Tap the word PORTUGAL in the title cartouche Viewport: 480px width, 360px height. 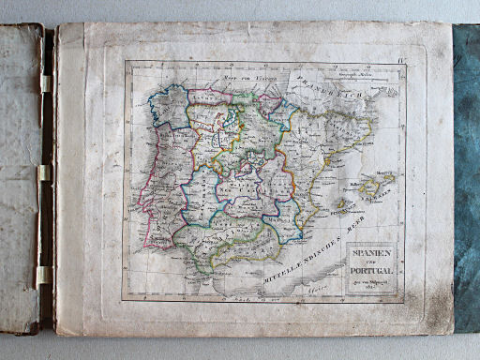click(371, 272)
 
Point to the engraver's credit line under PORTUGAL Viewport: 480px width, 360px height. click(371, 282)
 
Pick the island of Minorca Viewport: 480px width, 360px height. click(386, 176)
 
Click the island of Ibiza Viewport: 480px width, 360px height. click(340, 203)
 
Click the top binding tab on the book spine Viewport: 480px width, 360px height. click(44, 83)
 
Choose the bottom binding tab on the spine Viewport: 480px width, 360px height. click(43, 275)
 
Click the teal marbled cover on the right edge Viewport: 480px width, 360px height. click(466, 178)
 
